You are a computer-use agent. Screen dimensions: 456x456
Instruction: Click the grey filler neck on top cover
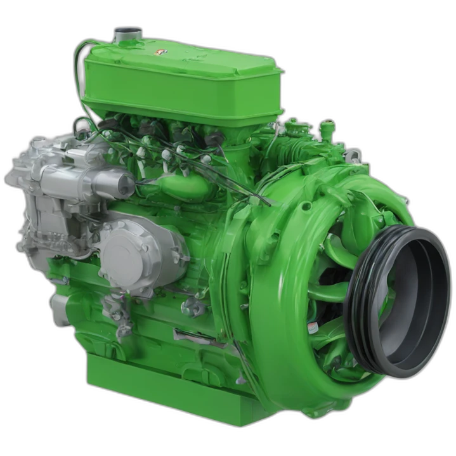(127, 34)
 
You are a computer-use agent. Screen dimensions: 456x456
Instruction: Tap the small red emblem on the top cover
(160, 51)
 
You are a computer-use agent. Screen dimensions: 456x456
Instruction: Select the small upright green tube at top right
(327, 130)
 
